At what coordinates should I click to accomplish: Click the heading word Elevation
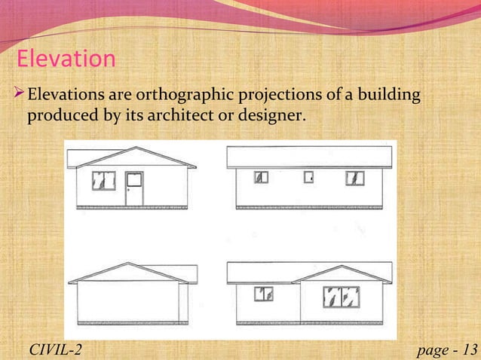66,58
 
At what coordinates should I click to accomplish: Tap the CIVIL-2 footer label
55,348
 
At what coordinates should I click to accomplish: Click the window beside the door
104,180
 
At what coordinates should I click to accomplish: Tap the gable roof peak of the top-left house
138,148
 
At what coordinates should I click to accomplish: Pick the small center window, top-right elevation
308,178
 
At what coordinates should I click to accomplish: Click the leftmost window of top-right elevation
261,178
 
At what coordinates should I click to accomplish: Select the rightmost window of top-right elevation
354,178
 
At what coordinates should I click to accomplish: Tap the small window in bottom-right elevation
263,294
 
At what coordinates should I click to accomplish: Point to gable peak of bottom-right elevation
341,267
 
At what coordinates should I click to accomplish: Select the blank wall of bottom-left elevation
128,301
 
